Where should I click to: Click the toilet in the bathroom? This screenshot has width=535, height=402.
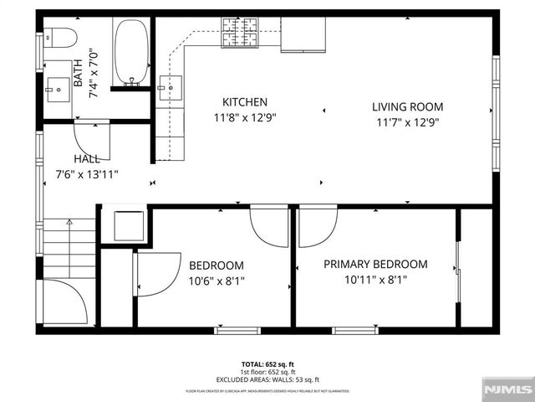pyautogui.click(x=61, y=37)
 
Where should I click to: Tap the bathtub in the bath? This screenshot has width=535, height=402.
pyautogui.click(x=130, y=52)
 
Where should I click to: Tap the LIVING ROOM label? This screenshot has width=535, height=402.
pyautogui.click(x=407, y=106)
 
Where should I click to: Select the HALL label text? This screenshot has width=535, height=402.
pyautogui.click(x=87, y=159)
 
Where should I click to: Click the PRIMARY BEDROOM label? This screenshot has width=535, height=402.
pyautogui.click(x=375, y=265)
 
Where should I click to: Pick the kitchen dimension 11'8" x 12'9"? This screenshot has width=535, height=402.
pyautogui.click(x=244, y=118)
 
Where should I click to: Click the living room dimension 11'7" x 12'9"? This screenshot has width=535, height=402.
pyautogui.click(x=407, y=122)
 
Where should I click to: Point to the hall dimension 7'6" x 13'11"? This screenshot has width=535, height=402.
pyautogui.click(x=87, y=174)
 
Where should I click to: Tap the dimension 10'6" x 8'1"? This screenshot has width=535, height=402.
pyautogui.click(x=216, y=281)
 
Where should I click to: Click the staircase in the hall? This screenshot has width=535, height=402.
pyautogui.click(x=69, y=248)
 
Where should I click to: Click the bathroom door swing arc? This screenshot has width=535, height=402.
pyautogui.click(x=92, y=137)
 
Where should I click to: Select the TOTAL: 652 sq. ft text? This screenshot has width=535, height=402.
pyautogui.click(x=267, y=364)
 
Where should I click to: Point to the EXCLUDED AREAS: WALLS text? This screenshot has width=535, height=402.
pyautogui.click(x=267, y=378)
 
